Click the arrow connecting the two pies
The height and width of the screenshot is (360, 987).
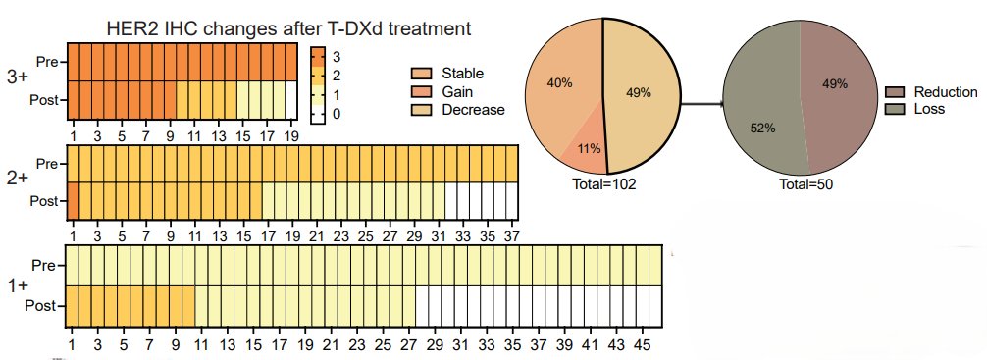(699, 99)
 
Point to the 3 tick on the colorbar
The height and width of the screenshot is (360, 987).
(338, 57)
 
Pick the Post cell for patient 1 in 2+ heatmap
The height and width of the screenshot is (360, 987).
(72, 200)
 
